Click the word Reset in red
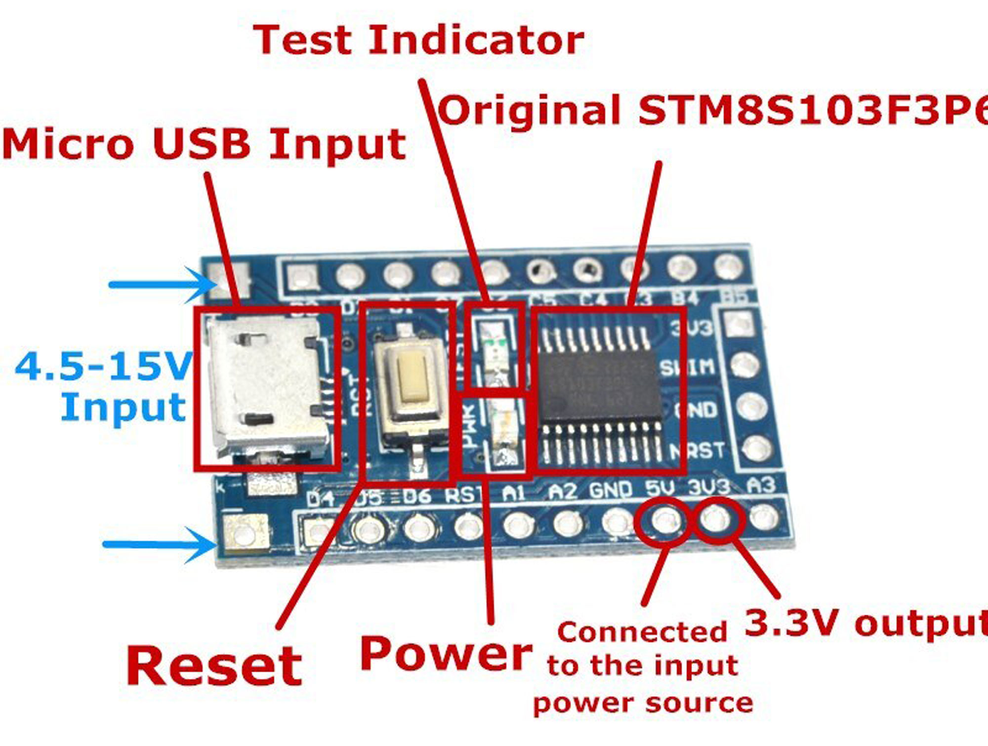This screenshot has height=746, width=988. coord(214,665)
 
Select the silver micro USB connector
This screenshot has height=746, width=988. coord(264,385)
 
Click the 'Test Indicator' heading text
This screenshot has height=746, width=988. coord(419,40)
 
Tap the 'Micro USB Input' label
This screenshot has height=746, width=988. coord(204,144)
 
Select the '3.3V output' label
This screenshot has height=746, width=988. coord(864,623)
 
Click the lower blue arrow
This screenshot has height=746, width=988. coord(158,544)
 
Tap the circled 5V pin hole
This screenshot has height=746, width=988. coord(665,520)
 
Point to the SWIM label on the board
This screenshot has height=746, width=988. coord(688,367)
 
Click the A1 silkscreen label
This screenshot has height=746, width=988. coord(514,492)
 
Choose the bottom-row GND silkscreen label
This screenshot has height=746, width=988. coord(611,490)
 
